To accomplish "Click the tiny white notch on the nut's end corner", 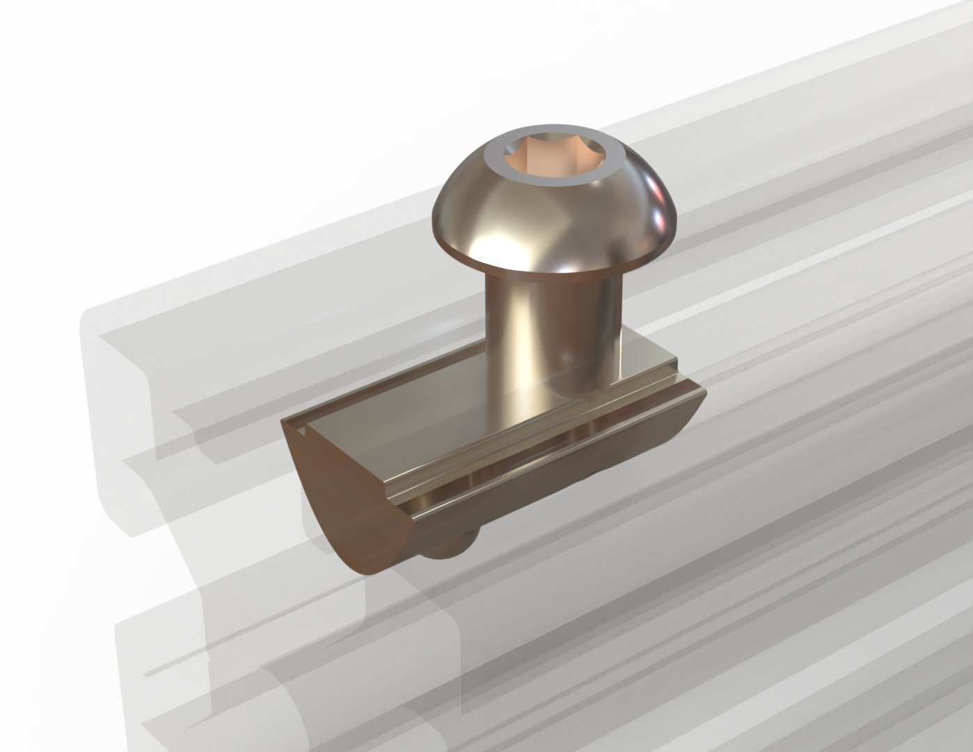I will (301, 433).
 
